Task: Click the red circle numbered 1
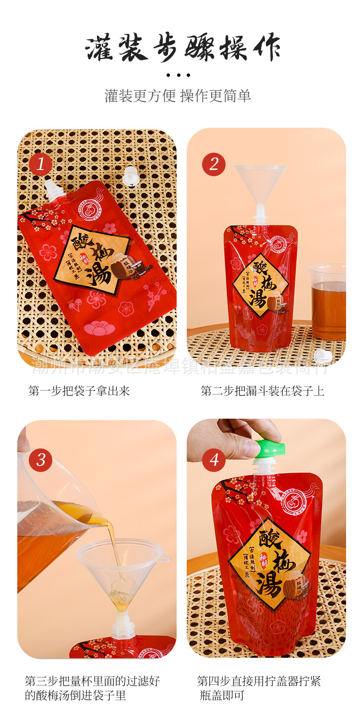(40, 164)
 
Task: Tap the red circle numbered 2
(214, 164)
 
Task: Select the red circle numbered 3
(40, 459)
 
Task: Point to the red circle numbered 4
(214, 460)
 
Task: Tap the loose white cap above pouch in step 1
(130, 176)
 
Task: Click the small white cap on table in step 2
(320, 356)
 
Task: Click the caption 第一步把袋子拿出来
(79, 391)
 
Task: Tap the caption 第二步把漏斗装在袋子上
(263, 391)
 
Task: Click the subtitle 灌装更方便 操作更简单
(178, 96)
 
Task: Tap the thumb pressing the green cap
(249, 447)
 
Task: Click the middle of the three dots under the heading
(179, 75)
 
